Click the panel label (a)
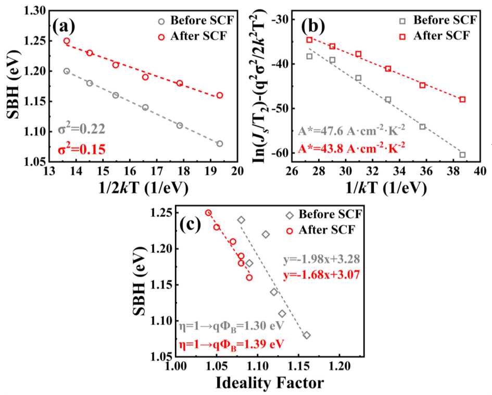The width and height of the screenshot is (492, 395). (x=67, y=24)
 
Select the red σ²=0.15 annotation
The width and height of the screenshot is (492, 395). (x=82, y=150)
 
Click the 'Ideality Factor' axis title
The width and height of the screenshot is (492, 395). (x=270, y=382)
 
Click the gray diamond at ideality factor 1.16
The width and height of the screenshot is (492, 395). (x=307, y=335)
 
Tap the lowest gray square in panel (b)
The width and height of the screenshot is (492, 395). (x=462, y=154)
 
